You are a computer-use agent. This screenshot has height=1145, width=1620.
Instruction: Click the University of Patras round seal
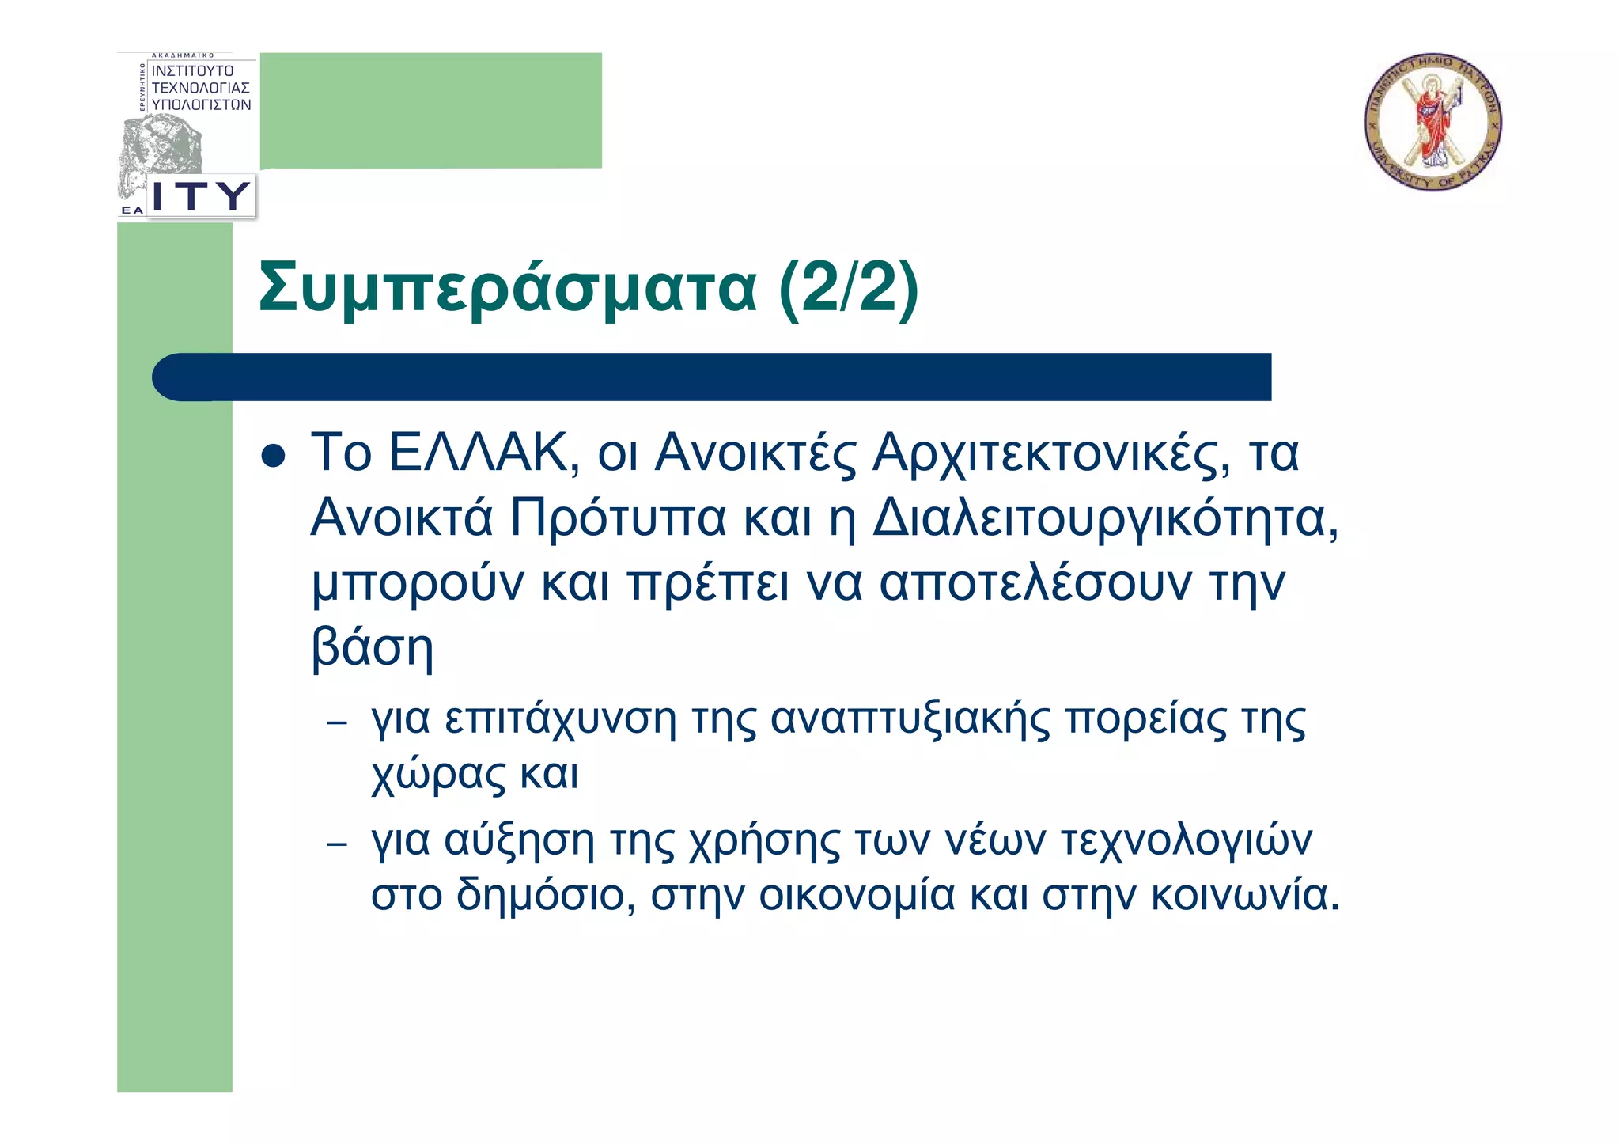pyautogui.click(x=1433, y=122)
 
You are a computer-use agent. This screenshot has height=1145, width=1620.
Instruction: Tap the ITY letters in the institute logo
pyautogui.click(x=201, y=195)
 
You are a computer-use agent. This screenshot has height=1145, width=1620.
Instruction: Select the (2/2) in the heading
pyautogui.click(x=849, y=288)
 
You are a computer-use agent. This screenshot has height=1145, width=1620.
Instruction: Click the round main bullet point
pyautogui.click(x=273, y=456)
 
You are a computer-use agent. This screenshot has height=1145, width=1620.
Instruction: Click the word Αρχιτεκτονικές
pyautogui.click(x=1050, y=454)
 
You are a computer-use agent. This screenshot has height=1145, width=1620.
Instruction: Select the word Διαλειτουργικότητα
pyautogui.click(x=1106, y=519)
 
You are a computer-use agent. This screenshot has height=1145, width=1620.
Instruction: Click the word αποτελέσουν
pyautogui.click(x=1035, y=584)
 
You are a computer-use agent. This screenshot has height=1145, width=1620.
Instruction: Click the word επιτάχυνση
pyautogui.click(x=561, y=720)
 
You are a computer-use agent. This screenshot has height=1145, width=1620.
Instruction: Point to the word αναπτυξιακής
pyautogui.click(x=910, y=720)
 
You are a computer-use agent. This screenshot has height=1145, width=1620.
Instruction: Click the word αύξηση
pyautogui.click(x=519, y=841)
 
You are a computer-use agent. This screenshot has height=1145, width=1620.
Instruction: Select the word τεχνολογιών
pyautogui.click(x=1186, y=841)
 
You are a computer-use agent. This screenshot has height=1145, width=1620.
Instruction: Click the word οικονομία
pyautogui.click(x=857, y=896)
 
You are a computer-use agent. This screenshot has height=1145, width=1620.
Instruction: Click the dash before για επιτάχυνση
pyautogui.click(x=337, y=722)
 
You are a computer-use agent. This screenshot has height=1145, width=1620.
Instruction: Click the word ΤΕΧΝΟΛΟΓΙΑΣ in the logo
pyautogui.click(x=201, y=88)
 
